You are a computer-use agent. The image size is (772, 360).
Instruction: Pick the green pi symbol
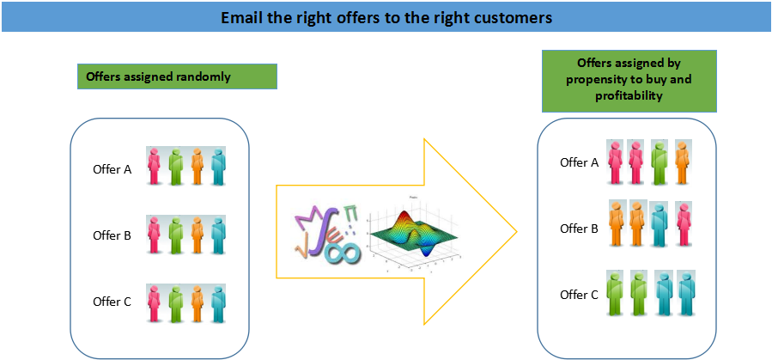coord(350,212)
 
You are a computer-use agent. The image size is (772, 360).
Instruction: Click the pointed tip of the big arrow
coord(517,231)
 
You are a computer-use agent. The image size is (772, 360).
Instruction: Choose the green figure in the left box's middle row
coord(176,235)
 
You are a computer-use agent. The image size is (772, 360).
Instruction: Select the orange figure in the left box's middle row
coord(197,235)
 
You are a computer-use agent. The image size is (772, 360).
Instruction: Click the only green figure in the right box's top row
coord(660,162)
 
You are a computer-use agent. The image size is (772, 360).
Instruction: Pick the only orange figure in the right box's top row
coord(683,162)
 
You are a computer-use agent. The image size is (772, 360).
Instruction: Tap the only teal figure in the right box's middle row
coord(660,224)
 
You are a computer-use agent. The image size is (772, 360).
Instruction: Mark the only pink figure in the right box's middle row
coord(684,224)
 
